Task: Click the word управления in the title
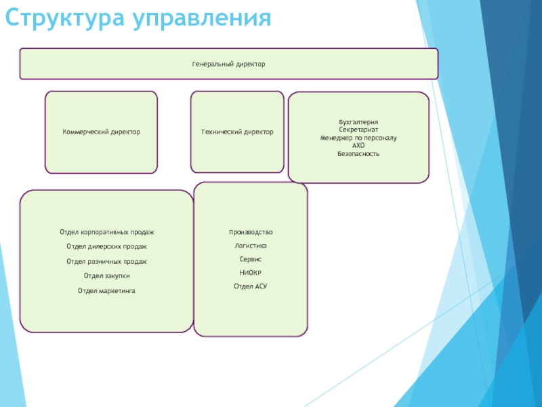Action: click(202, 18)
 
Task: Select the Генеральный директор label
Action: click(228, 64)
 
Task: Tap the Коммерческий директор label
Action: click(102, 132)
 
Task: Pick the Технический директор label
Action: click(237, 132)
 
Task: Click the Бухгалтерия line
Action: click(358, 121)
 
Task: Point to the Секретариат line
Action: click(358, 130)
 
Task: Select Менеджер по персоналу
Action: click(358, 138)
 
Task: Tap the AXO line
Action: click(358, 146)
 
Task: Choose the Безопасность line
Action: click(358, 154)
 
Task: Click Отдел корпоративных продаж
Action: click(107, 232)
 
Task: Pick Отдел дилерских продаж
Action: click(107, 246)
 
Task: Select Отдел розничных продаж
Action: click(107, 261)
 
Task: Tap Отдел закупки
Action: click(107, 275)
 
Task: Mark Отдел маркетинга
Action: click(107, 290)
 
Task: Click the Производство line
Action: click(251, 232)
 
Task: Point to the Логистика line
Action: click(251, 246)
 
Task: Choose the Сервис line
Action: click(251, 259)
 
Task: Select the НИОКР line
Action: click(251, 273)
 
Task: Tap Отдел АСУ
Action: click(251, 286)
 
